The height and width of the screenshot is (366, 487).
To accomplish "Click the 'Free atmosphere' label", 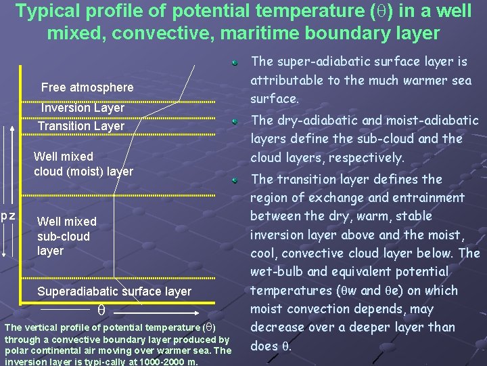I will coord(87,87).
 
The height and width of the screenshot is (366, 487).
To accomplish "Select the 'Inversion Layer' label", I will coord(83,108).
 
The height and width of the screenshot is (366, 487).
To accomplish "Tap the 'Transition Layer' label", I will coord(81,126).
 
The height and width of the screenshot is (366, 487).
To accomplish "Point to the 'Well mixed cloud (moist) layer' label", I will coord(83,164).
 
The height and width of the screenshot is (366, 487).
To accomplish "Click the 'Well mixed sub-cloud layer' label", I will coord(66,236).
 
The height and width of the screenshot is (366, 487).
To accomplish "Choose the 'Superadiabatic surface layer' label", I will coord(114,291).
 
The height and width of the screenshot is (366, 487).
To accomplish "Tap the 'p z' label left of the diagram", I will coord(8,216).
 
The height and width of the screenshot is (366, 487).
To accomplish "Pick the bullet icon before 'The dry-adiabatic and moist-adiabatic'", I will coord(233,121).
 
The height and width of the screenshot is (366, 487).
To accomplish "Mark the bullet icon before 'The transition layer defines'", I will coord(233,180).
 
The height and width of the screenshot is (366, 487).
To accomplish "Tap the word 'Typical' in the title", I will coord(47,12).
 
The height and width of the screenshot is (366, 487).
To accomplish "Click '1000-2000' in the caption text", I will coord(163,361).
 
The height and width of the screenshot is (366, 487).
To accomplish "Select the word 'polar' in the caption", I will coord(16,350).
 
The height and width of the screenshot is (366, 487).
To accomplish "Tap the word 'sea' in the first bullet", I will coord(461,81).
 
